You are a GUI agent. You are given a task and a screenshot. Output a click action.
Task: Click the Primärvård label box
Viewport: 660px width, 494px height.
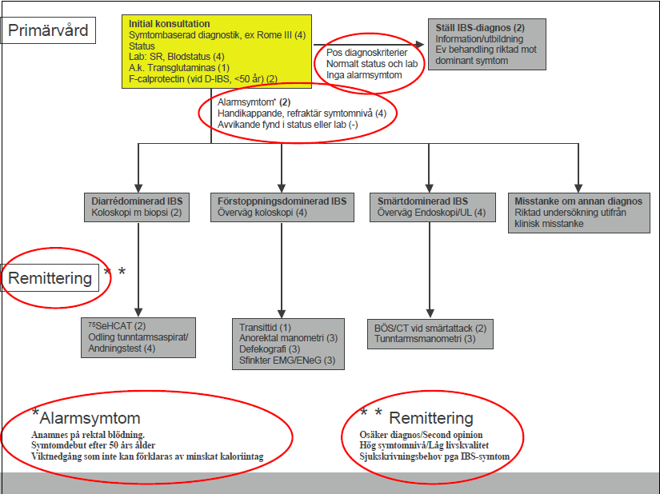tap(48, 30)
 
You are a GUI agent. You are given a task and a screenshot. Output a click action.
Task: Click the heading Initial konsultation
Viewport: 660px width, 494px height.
tap(170, 24)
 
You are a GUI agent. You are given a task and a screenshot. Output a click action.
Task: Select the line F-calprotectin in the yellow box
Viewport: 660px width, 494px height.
tap(203, 78)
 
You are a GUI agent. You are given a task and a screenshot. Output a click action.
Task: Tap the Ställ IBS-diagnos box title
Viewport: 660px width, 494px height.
tap(480, 28)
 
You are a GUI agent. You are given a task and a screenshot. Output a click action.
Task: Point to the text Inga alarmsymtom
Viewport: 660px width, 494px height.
tap(364, 75)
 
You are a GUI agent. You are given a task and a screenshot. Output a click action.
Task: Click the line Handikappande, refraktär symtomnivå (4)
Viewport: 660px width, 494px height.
tap(302, 113)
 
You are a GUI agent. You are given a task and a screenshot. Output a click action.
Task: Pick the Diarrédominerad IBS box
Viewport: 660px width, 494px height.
tap(137, 207)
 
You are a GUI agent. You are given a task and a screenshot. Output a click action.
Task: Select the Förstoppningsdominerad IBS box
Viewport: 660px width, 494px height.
tap(282, 207)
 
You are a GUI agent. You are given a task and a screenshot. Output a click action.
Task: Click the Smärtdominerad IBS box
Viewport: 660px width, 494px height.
tap(432, 207)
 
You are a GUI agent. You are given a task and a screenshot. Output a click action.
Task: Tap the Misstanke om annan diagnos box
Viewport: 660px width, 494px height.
tap(578, 213)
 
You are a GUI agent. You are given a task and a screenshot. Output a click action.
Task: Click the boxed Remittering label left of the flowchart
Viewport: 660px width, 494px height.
tap(50, 278)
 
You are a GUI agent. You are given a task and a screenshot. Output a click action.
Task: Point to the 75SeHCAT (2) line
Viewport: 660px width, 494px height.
tap(117, 326)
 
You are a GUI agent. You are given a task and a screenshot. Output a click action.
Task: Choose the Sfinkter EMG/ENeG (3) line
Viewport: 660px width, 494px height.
tap(287, 361)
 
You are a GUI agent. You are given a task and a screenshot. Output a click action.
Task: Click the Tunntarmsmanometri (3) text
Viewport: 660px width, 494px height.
tap(425, 339)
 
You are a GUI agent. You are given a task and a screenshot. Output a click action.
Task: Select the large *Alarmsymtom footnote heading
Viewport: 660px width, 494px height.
tap(86, 417)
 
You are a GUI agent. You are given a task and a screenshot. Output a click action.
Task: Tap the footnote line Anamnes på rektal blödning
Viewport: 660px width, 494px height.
tap(87, 435)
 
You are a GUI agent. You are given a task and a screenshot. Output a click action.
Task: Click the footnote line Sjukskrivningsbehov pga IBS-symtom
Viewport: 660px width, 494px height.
tap(434, 456)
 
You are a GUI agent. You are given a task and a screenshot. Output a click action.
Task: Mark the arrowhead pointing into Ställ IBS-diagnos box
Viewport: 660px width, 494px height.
tap(419, 44)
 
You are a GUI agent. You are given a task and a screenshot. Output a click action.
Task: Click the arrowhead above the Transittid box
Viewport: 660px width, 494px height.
tap(282, 313)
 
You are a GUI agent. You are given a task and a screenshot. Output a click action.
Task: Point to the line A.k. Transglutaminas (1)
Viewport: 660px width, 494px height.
tap(179, 68)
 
